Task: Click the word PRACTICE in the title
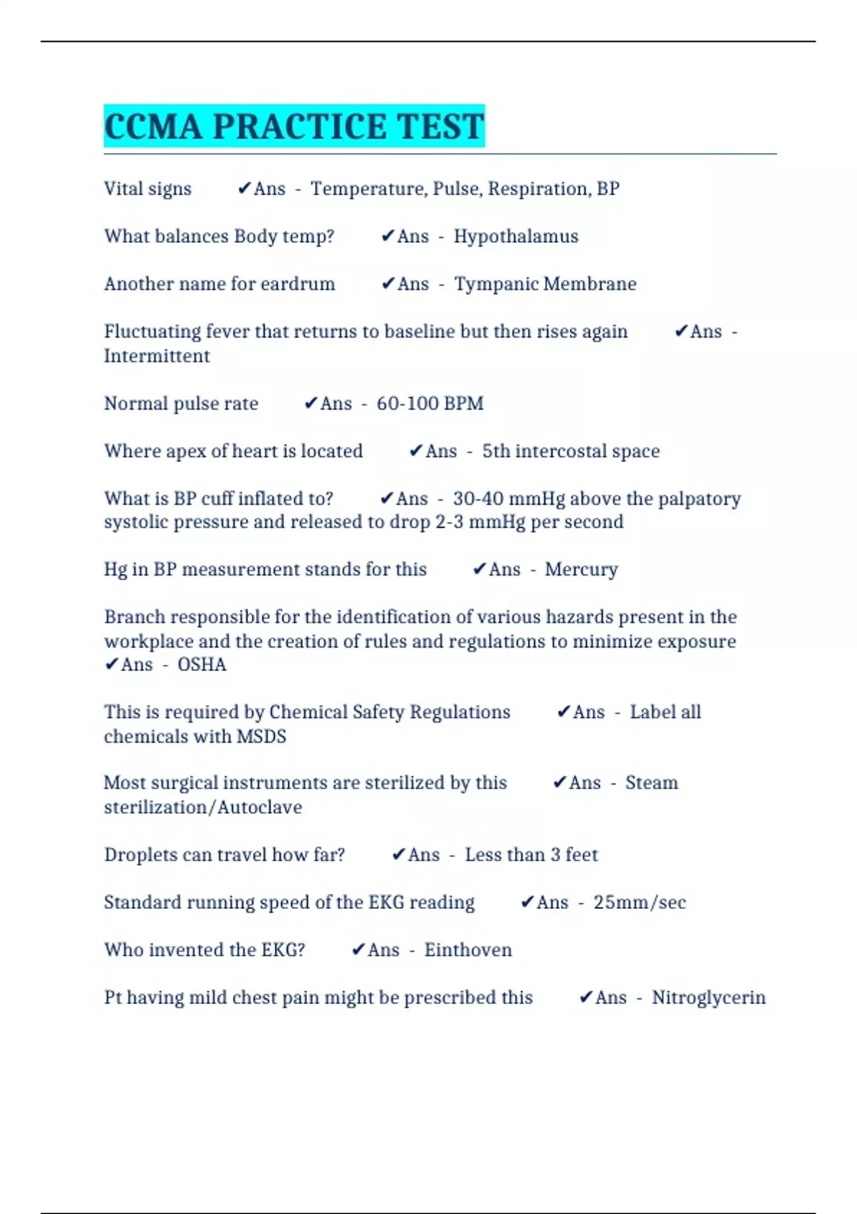pyautogui.click(x=300, y=127)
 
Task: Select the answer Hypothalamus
pyautogui.click(x=516, y=236)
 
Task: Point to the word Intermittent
pyautogui.click(x=157, y=356)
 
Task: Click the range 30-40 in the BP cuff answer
pyautogui.click(x=478, y=498)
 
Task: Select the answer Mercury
pyautogui.click(x=581, y=570)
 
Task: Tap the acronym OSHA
pyautogui.click(x=201, y=665)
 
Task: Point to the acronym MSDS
pyautogui.click(x=261, y=736)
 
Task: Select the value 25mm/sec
pyautogui.click(x=639, y=903)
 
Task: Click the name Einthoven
pyautogui.click(x=468, y=950)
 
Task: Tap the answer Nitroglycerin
pyautogui.click(x=708, y=998)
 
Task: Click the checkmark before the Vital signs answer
pyautogui.click(x=244, y=189)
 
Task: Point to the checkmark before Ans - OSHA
pyautogui.click(x=111, y=665)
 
